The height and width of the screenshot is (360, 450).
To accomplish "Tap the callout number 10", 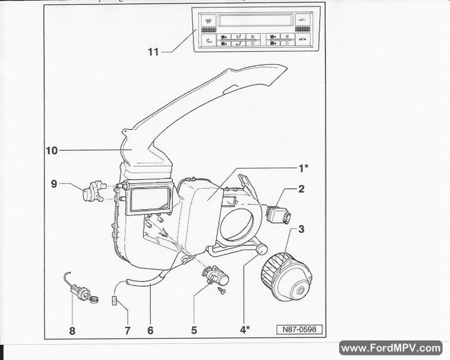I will coord(52,151).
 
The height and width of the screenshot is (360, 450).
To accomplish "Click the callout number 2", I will coord(301,190).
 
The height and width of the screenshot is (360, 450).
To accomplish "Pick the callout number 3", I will coord(301,229).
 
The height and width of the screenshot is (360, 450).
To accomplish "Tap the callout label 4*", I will coord(245,330).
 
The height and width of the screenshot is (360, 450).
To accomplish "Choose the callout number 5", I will coord(194,331).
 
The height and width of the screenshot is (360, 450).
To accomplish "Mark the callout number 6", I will coord(150,331).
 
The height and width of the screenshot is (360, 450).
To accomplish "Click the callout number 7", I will coord(127,331).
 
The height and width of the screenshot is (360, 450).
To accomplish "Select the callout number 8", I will coord(72,331).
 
